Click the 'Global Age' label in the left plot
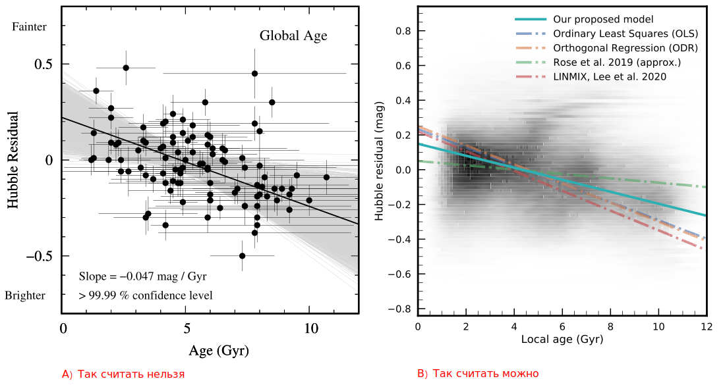[293, 36]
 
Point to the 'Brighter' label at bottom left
[25, 295]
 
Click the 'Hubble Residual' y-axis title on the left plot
[13, 160]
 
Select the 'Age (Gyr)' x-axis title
[219, 351]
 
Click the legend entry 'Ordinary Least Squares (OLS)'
[625, 34]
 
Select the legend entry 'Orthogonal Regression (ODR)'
[625, 48]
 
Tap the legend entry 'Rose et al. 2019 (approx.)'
[617, 63]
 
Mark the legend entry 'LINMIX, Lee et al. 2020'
[610, 77]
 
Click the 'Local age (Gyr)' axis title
[562, 340]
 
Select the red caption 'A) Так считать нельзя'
[123, 374]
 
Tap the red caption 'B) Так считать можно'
[478, 374]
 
